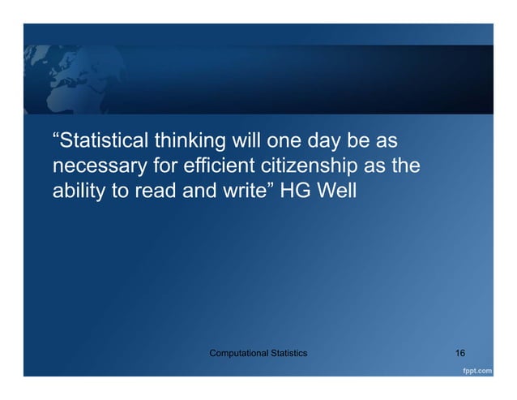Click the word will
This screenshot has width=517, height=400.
[x=246, y=142]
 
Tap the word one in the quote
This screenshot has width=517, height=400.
[x=284, y=142]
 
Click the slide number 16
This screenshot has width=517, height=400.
[x=459, y=354]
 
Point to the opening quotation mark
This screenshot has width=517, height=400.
[x=56, y=138]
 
